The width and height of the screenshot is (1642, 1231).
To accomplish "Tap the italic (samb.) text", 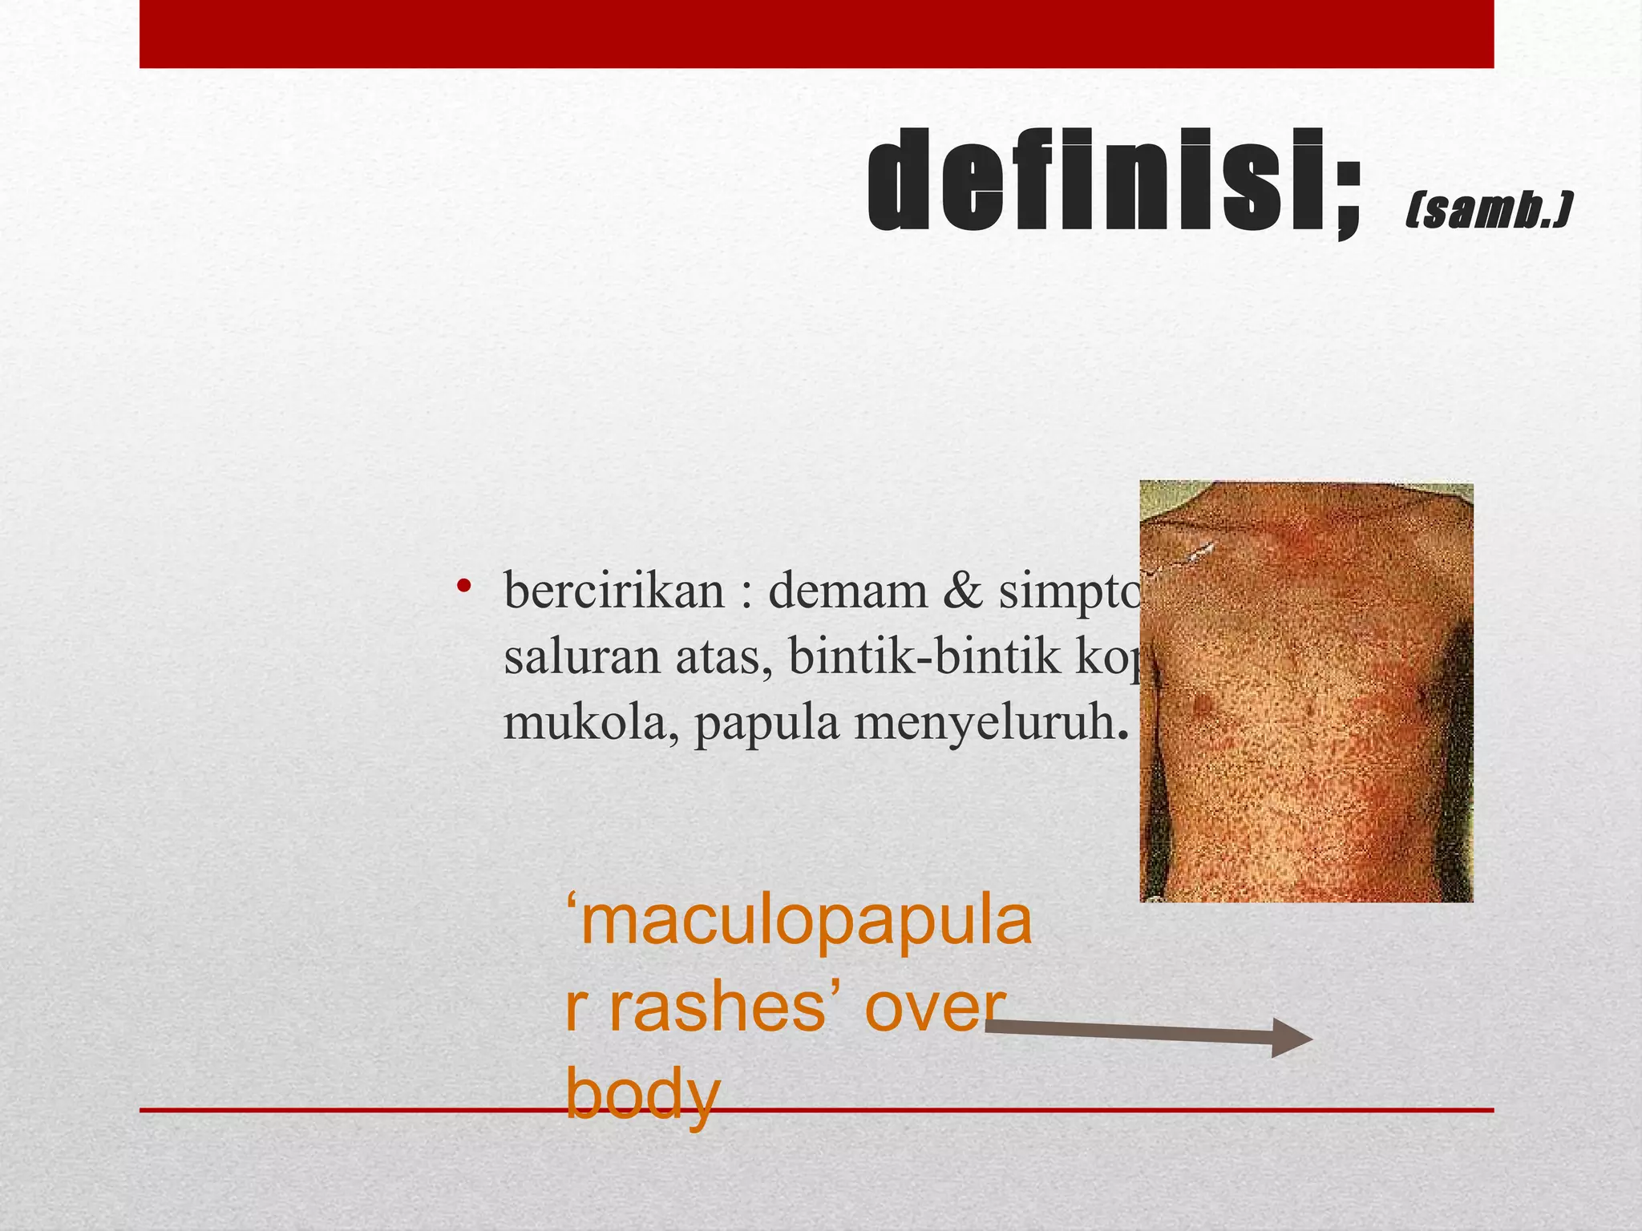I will coord(1488,210).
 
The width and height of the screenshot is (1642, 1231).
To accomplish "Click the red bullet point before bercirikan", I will coord(463,587).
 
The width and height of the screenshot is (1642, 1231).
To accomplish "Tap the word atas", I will coord(725,659).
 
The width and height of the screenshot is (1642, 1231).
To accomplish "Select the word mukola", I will coord(590,723).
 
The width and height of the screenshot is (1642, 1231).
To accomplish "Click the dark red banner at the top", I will coord(816,34).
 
